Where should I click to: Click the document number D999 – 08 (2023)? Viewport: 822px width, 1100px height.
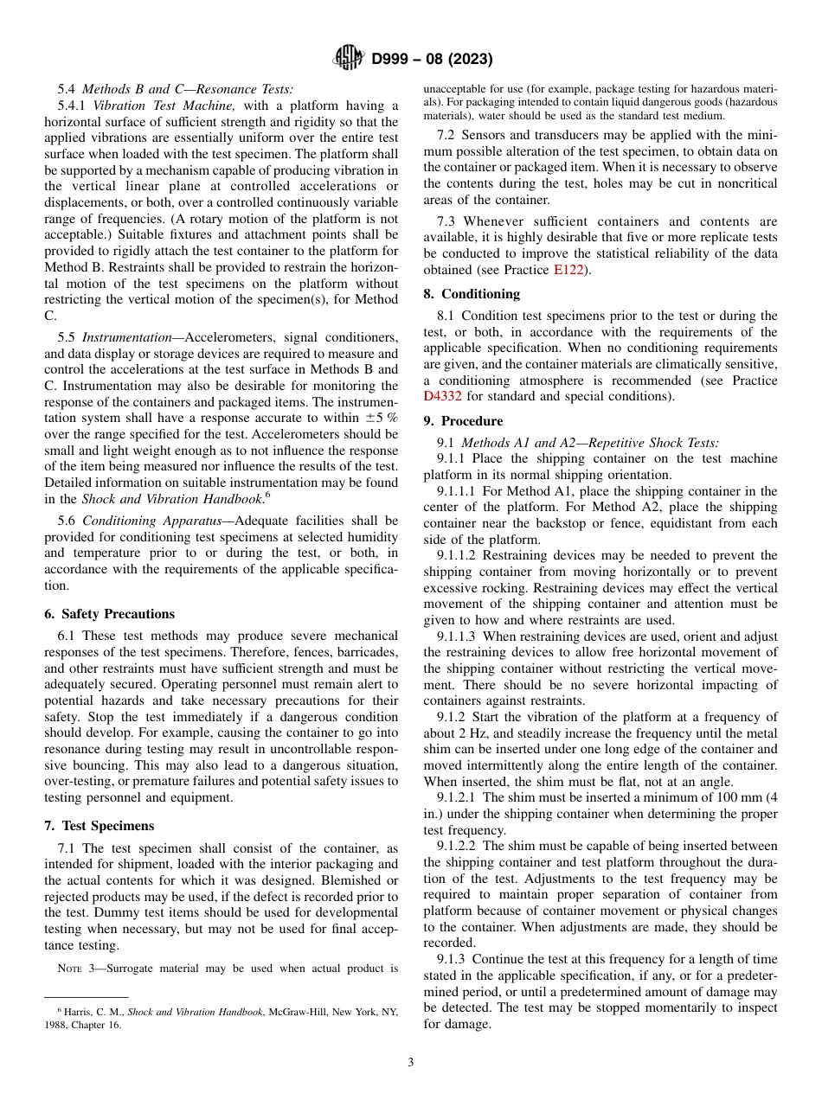coord(432,60)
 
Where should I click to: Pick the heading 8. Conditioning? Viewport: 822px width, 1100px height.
coord(472,294)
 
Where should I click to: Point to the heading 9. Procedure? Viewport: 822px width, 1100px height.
coord(463,421)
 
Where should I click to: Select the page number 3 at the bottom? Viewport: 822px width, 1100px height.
coord(410,1063)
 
